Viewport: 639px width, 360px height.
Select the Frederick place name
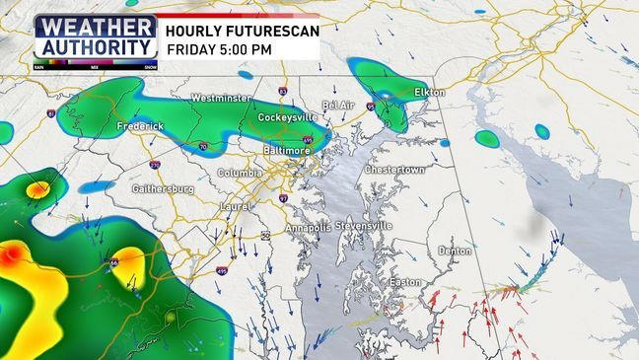point(139,127)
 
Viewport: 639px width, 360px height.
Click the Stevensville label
point(364,226)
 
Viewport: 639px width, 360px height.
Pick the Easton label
point(405,282)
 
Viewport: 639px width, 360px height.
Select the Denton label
point(455,251)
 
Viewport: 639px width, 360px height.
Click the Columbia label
point(241,174)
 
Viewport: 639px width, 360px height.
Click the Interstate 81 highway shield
point(50,115)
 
